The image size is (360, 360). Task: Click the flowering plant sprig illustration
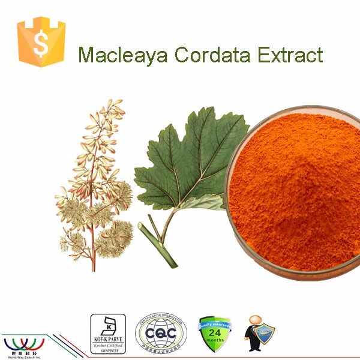pyautogui.click(x=96, y=180)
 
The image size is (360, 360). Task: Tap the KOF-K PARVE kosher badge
pyautogui.click(x=107, y=332)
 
